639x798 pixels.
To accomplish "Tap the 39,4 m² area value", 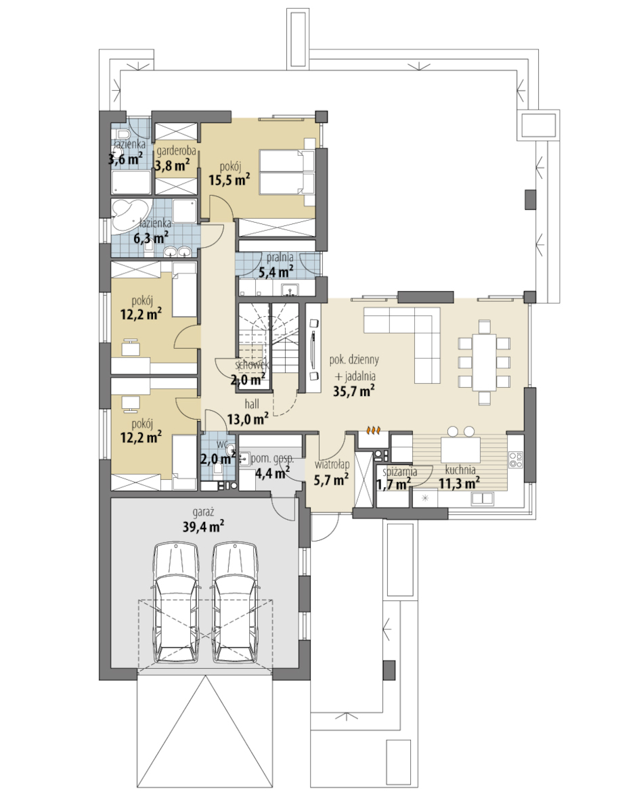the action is (x=203, y=527).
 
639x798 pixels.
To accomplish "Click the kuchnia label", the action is (x=460, y=470).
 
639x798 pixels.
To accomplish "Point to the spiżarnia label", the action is (x=399, y=472).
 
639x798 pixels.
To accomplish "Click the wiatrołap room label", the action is (x=332, y=464).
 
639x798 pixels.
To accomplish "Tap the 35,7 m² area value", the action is (x=354, y=391).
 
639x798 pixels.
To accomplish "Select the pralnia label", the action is (x=280, y=257).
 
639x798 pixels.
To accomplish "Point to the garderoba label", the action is (x=176, y=151).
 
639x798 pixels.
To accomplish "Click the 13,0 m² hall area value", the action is (x=248, y=420).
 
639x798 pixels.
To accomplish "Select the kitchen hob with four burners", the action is (x=516, y=460).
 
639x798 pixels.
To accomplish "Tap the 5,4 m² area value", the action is (x=276, y=272).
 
